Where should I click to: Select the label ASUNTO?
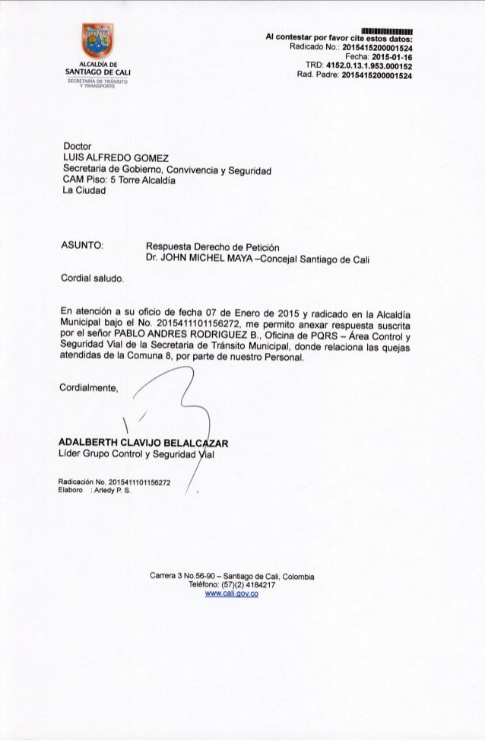82,246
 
